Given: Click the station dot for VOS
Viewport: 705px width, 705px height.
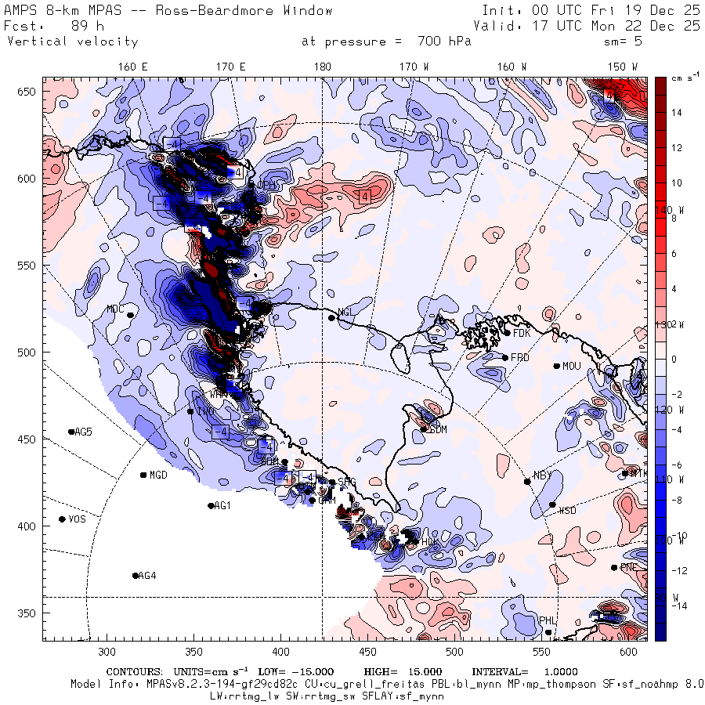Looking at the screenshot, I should [63, 519].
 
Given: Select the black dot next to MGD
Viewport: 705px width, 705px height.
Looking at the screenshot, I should [143, 475].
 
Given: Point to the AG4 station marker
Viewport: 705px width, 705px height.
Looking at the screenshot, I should [136, 576].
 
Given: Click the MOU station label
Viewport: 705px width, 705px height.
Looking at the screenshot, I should [572, 366].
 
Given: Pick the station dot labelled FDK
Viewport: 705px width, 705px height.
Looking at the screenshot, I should [508, 333].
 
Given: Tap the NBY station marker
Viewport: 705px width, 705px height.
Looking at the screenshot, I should [527, 481].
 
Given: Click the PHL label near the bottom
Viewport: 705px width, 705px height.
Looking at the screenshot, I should [547, 620].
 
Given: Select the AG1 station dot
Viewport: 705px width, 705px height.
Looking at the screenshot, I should [211, 505].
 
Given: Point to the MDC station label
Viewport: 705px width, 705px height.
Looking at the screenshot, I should [115, 309].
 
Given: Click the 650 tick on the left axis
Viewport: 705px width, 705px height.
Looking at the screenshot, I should [28, 92].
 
